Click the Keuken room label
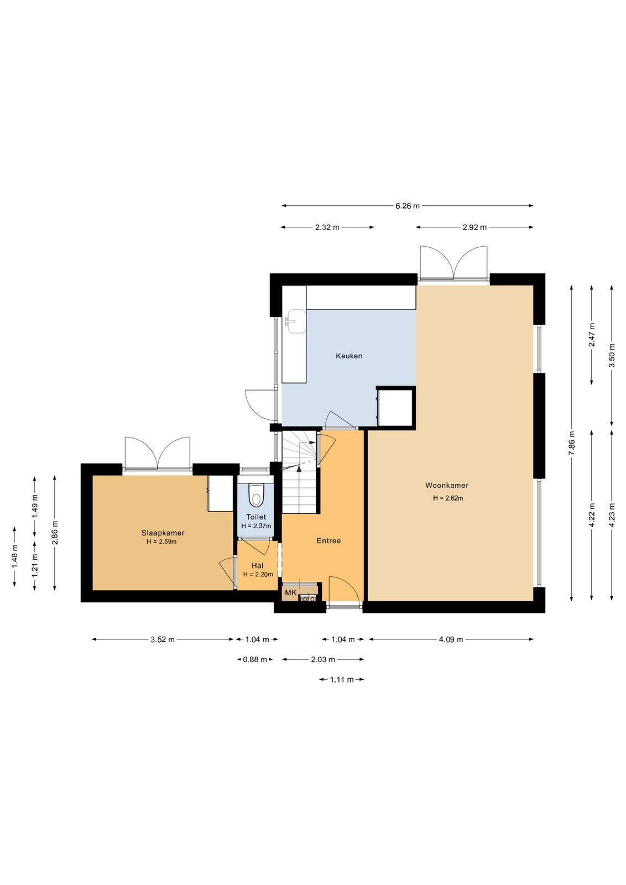[x=349, y=356]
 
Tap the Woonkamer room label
[x=447, y=485]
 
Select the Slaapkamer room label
[x=163, y=533]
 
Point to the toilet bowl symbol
[x=256, y=495]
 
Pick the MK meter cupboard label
[x=291, y=592]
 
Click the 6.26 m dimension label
[x=408, y=206]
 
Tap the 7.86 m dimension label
[x=571, y=443]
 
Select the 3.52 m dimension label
[x=163, y=639]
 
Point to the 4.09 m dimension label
[x=451, y=639]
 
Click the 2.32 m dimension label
[x=327, y=227]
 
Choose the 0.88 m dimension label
[x=255, y=659]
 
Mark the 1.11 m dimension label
[x=342, y=680]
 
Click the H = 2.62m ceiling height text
[x=448, y=498]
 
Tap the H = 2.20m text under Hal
[x=258, y=575]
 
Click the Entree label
[x=328, y=541]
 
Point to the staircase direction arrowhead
[x=299, y=468]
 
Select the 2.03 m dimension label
[x=322, y=659]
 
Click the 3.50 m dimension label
[x=612, y=356]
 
